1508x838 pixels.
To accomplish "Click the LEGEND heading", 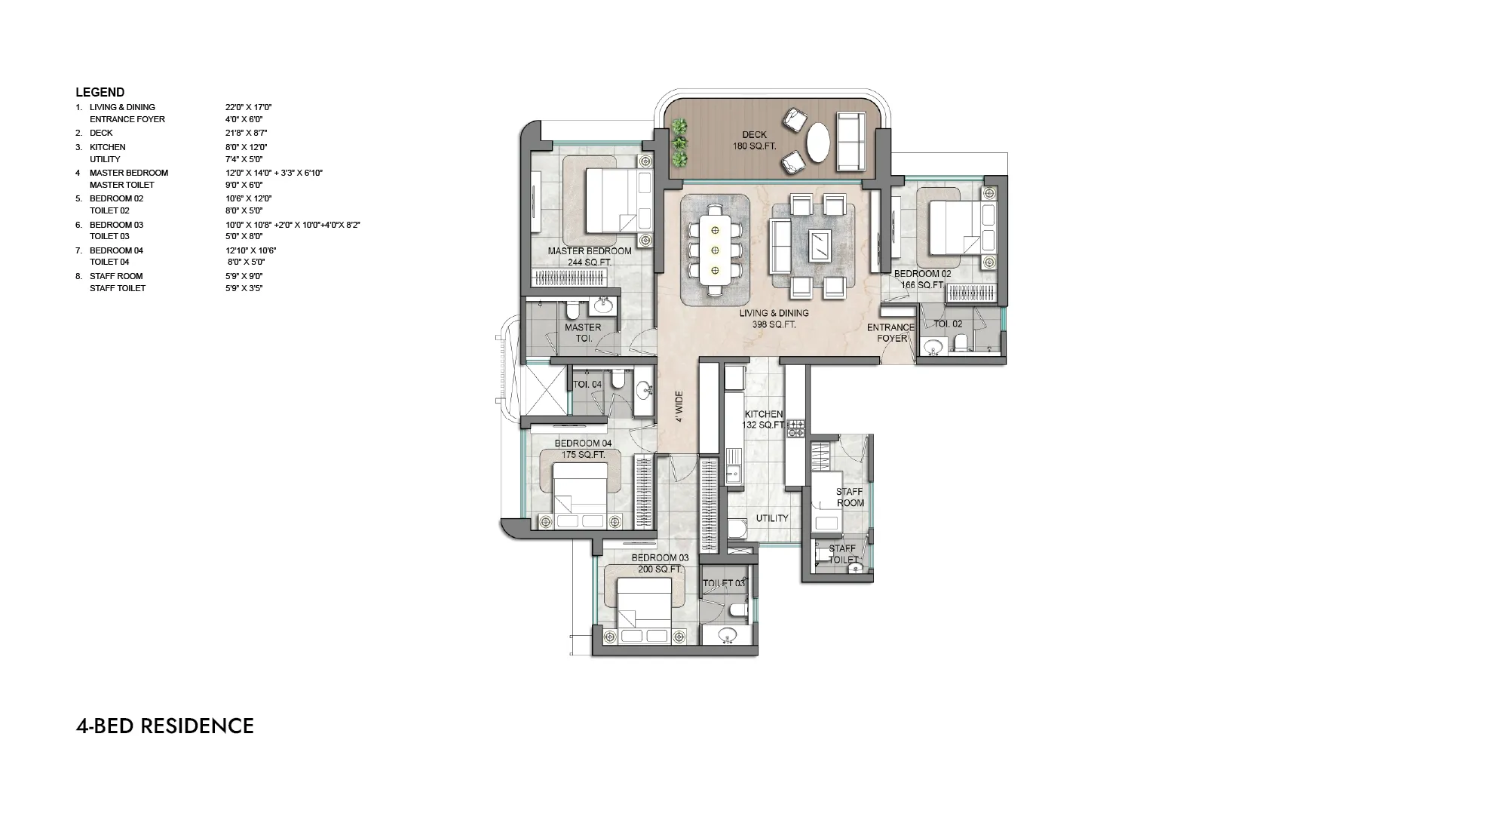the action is coord(100,93).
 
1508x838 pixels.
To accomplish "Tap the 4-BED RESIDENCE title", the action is coord(165,726).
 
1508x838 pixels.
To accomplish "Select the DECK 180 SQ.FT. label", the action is coord(754,140).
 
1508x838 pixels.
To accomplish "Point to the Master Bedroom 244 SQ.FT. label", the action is coord(590,256).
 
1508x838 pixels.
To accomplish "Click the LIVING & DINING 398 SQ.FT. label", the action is coord(774,319).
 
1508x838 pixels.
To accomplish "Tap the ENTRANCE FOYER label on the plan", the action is coord(891,333).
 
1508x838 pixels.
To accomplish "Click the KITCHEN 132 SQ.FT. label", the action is coord(765,419).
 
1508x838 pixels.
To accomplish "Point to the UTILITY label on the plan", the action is coord(772,518).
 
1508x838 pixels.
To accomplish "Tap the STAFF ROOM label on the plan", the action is coord(850,497).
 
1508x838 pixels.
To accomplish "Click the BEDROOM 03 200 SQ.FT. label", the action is coord(660,563).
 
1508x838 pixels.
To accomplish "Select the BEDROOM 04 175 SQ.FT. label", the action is coord(583,449).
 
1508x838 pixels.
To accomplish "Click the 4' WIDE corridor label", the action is coord(679,407).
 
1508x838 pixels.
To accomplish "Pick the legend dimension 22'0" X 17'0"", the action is coord(248,107).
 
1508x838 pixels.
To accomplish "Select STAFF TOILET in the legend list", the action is coord(118,288).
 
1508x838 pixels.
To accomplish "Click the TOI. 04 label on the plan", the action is coord(587,385).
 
